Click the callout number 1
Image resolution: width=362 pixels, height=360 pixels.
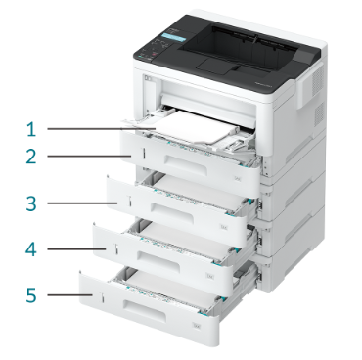coord(31,129)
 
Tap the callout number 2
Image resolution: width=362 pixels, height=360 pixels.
coord(31,157)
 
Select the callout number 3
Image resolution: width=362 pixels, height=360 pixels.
coord(31,203)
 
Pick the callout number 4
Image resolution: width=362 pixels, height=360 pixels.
coord(31,249)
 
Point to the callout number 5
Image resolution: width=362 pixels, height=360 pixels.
coord(31,295)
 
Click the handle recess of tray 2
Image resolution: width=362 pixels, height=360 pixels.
coord(187,164)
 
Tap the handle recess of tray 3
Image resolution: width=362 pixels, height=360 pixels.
coord(172,211)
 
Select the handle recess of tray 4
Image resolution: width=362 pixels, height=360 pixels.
coord(158,260)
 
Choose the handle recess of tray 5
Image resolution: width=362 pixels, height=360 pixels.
coord(145,309)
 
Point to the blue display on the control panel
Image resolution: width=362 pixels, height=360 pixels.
coord(174,37)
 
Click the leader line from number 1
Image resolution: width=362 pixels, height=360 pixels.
coord(102,129)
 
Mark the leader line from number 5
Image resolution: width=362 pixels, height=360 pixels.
coord(69,295)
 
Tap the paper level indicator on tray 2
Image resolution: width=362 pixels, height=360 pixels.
coord(143,154)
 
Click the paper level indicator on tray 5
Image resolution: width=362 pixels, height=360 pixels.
coord(102,297)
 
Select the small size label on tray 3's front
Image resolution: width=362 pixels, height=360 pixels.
coord(224,227)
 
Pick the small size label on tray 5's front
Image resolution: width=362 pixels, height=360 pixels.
coord(196,325)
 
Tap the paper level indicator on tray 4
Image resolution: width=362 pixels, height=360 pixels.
coord(115,248)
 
